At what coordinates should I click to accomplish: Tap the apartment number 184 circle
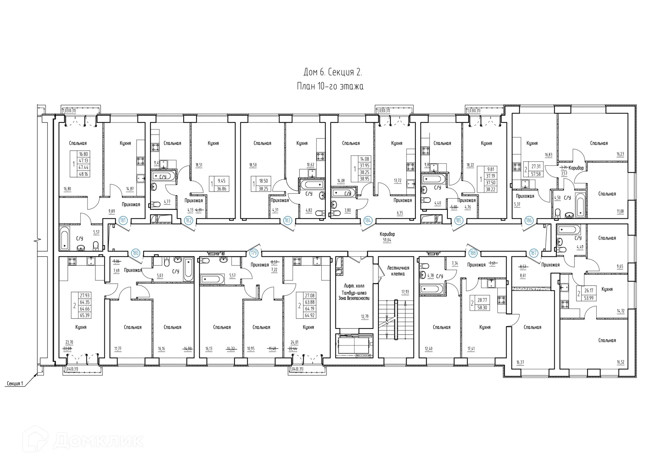tap(368, 220)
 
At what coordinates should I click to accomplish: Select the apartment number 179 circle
tap(254, 253)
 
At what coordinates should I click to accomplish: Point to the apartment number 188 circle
tap(473, 253)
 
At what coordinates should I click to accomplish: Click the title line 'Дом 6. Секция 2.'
tap(332, 72)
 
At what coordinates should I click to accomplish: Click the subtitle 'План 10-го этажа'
tap(330, 86)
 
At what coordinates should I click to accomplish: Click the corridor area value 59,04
tap(387, 240)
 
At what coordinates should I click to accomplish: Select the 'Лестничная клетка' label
tap(398, 271)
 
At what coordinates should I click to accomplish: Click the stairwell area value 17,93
tap(405, 292)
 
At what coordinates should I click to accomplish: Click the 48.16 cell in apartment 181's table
tap(84, 174)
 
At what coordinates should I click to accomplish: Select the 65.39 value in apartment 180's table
tap(85, 315)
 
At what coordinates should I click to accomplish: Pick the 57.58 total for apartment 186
tap(536, 174)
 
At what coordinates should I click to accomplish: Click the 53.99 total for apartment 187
tap(589, 298)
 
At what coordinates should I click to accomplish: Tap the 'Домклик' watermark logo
tap(83, 440)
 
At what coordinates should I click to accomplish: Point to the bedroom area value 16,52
tap(620, 362)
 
